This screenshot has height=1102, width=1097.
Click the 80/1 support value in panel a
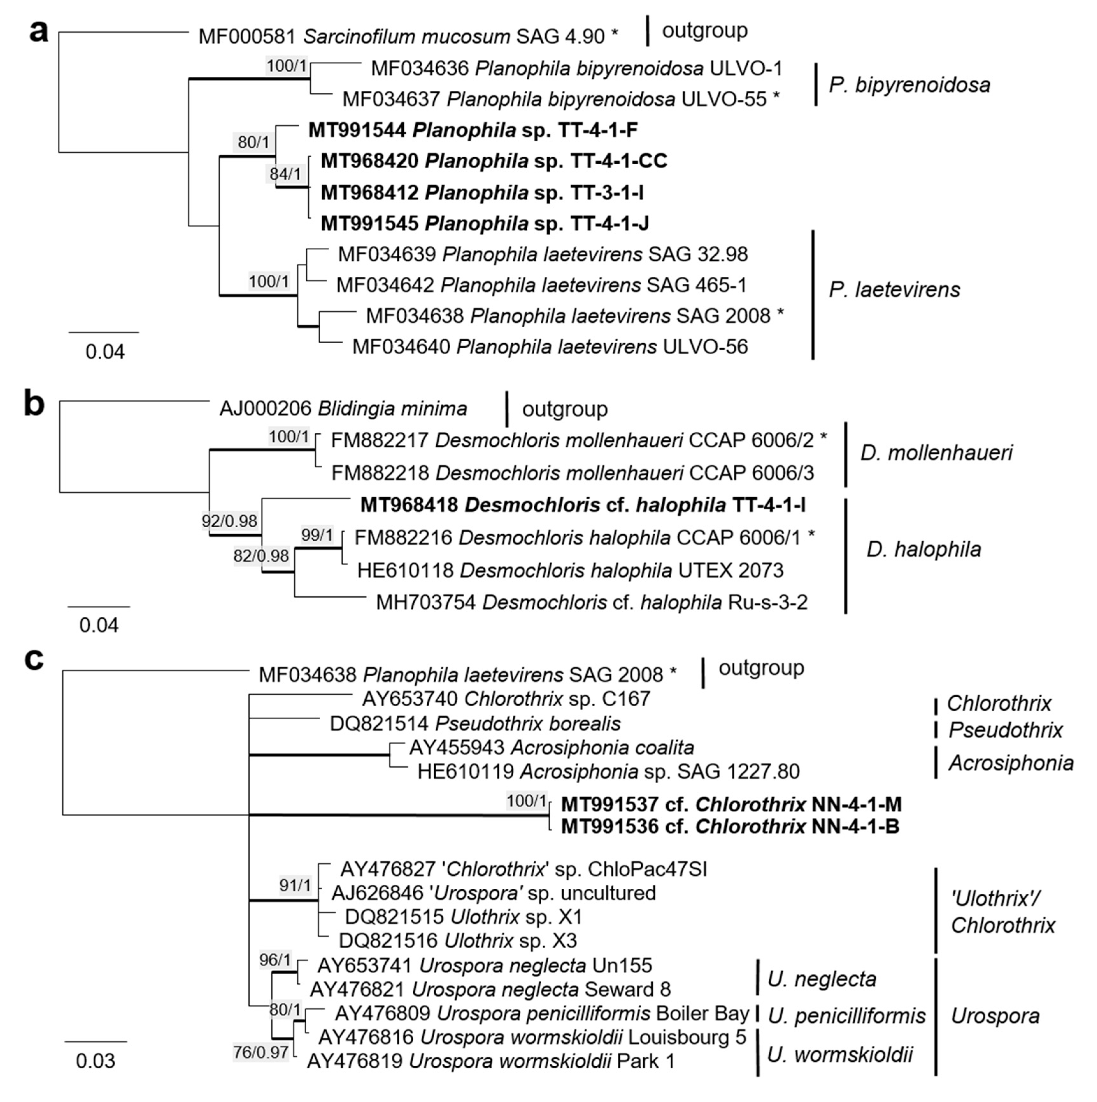[253, 142]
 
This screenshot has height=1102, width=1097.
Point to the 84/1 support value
[285, 174]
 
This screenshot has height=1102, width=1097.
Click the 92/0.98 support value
[229, 521]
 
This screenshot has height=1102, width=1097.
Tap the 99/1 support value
[317, 535]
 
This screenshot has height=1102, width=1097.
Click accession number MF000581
[247, 37]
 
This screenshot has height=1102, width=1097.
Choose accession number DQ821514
[379, 724]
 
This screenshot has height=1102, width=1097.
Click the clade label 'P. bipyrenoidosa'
[909, 85]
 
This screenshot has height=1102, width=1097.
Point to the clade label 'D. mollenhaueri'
[936, 453]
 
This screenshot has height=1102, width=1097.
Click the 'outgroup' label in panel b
[565, 409]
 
